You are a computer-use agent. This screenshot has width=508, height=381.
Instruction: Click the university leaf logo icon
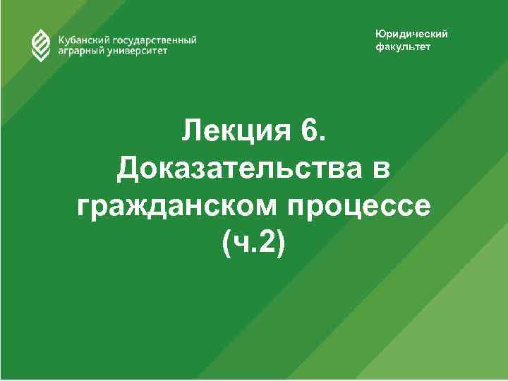pyautogui.click(x=40, y=46)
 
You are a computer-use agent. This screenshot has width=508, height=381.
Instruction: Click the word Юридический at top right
pyautogui.click(x=411, y=35)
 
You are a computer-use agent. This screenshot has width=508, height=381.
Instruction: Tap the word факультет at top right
pyautogui.click(x=402, y=47)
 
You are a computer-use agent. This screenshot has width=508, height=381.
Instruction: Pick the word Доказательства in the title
pyautogui.click(x=234, y=169)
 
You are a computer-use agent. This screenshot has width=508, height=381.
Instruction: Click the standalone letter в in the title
pyautogui.click(x=378, y=170)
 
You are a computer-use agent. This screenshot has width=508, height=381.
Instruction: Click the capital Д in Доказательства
pyautogui.click(x=129, y=170)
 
